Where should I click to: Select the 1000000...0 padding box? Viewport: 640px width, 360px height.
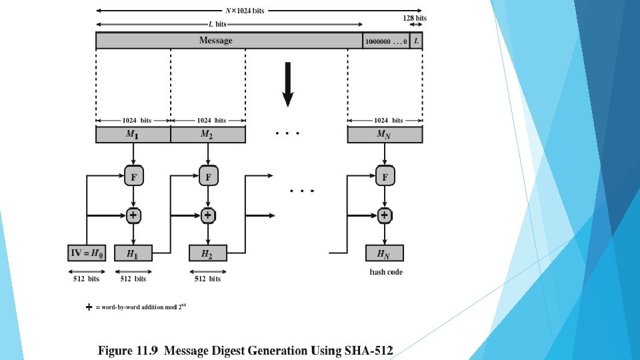click(x=386, y=41)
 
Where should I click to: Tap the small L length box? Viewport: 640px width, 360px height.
click(x=417, y=41)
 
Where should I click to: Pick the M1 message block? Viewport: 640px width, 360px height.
click(x=133, y=135)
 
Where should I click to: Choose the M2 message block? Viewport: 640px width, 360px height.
click(x=208, y=135)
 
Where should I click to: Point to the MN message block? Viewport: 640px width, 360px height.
click(x=384, y=135)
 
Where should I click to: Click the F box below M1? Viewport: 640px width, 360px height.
click(x=134, y=177)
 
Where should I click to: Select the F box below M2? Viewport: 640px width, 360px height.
click(x=209, y=177)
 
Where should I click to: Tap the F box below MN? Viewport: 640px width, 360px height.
click(x=385, y=177)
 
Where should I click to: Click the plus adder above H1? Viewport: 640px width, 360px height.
click(x=134, y=215)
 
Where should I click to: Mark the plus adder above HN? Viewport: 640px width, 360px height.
click(x=385, y=215)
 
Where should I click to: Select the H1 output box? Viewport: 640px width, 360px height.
click(x=133, y=253)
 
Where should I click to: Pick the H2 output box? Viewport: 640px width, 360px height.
click(x=208, y=253)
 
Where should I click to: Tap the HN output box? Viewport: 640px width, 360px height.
click(x=385, y=253)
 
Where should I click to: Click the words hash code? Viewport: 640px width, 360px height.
click(x=386, y=272)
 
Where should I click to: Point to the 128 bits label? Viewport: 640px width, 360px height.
click(x=415, y=18)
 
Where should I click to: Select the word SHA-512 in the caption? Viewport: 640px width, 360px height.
click(x=369, y=349)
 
